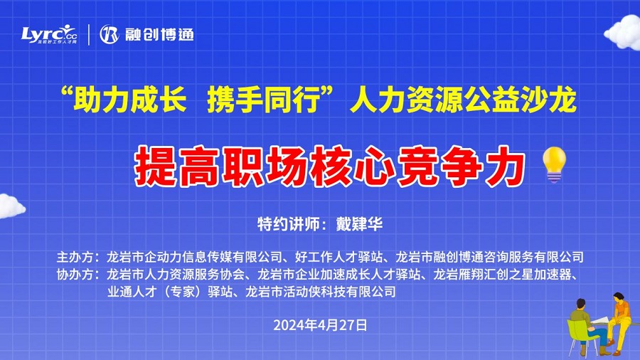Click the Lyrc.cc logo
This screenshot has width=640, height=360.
click(49, 34)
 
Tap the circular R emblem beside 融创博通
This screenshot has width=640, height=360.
click(109, 34)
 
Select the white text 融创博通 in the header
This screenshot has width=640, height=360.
click(159, 35)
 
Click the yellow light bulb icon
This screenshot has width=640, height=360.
click(554, 164)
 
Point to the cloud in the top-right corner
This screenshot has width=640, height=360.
click(622, 33)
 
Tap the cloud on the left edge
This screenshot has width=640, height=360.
click(11, 206)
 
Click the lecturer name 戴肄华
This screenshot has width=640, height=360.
click(359, 223)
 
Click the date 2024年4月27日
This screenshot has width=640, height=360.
click(320, 325)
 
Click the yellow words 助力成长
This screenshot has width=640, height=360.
click(130, 100)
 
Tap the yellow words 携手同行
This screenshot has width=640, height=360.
click(264, 100)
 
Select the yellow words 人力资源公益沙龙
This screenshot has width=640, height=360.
click(463, 100)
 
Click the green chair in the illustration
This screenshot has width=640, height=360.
click(580, 334)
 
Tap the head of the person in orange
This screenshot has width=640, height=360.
click(618, 297)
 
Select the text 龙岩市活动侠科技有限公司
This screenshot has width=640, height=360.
click(321, 292)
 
